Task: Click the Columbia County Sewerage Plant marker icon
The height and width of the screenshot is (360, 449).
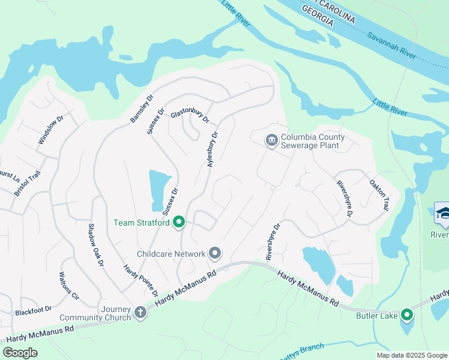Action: (x=271, y=140)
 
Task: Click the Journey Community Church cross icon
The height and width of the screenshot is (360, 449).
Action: (x=140, y=312)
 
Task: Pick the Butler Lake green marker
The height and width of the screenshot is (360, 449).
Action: (x=407, y=315)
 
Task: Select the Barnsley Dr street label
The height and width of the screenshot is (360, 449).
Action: (x=143, y=109)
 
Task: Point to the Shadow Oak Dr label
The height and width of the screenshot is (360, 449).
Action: (x=96, y=245)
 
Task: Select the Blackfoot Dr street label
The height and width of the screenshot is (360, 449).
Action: (x=34, y=312)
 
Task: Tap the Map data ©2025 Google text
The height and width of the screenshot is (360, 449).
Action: (x=411, y=355)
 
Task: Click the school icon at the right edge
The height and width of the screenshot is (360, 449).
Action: (x=442, y=214)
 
